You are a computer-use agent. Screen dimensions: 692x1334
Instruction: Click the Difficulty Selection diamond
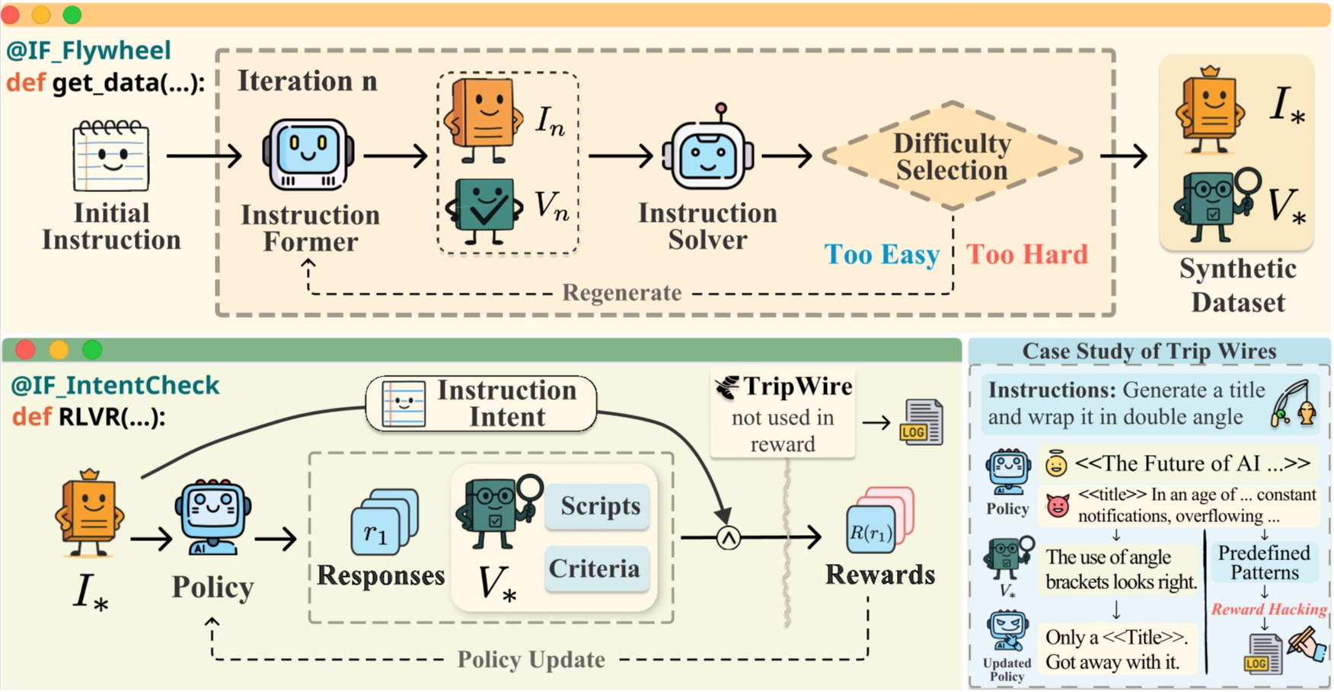click(952, 156)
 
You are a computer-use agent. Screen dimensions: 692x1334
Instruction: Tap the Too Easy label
click(882, 255)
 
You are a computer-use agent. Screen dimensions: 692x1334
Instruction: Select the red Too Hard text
click(1026, 255)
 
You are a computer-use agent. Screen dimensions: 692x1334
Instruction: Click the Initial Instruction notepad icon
click(111, 155)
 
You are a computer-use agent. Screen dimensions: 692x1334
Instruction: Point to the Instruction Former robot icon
click(308, 155)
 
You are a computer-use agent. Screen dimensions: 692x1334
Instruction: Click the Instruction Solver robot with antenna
click(708, 152)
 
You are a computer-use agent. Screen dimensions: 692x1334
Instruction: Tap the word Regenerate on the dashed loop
click(621, 293)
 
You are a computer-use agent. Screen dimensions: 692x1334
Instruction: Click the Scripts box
click(598, 507)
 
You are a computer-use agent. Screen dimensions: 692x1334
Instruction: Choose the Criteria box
click(595, 569)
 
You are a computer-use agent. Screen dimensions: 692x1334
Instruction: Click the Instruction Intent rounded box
click(481, 404)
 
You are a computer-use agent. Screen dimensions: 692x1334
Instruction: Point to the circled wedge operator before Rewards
click(729, 538)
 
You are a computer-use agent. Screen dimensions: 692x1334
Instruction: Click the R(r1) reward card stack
click(878, 522)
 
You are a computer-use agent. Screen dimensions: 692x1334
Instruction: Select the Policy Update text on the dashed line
click(531, 659)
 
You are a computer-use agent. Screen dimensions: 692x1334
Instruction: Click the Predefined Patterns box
click(1264, 563)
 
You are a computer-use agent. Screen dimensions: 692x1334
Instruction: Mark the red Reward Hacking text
click(1269, 610)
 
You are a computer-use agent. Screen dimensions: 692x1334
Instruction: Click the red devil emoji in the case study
click(1058, 505)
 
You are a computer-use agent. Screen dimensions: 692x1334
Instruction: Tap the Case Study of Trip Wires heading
click(1148, 351)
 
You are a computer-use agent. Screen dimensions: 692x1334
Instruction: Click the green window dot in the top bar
click(72, 14)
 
